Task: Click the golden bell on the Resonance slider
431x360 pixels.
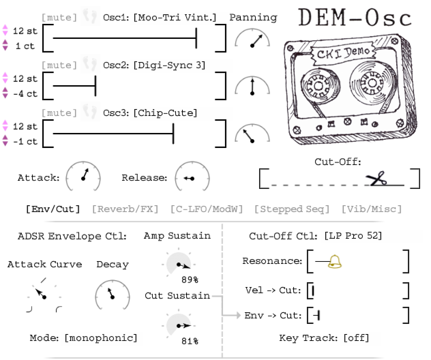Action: point(335,261)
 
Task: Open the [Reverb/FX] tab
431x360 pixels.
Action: point(125,209)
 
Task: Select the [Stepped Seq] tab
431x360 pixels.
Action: point(292,209)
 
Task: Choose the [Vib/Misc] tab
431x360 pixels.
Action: point(372,209)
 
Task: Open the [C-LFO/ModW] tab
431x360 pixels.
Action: point(207,209)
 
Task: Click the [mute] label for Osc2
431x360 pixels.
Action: point(59,65)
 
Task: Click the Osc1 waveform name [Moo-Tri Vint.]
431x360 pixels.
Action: point(175,17)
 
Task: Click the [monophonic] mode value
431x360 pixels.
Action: point(101,338)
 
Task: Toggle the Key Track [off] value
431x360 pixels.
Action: point(356,338)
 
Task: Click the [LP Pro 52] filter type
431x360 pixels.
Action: point(353,236)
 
